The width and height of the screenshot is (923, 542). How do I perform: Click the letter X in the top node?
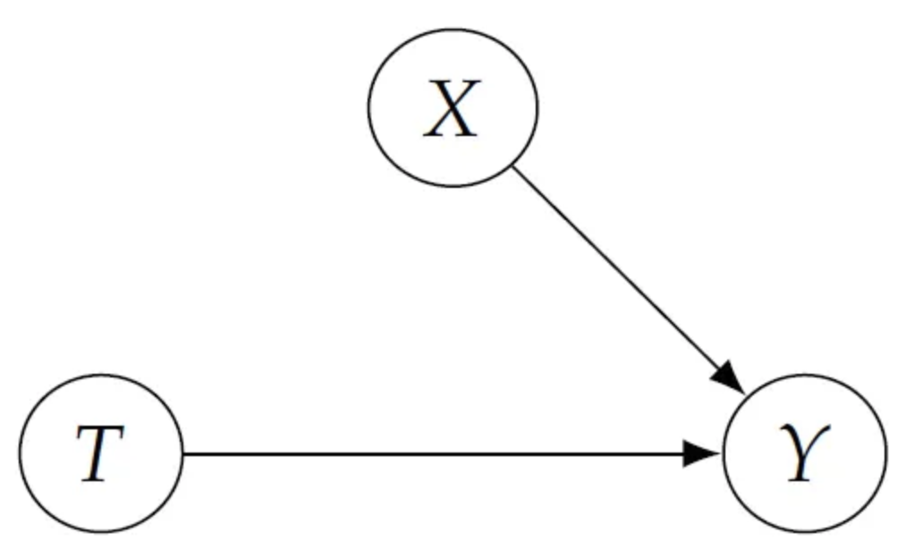[453, 109]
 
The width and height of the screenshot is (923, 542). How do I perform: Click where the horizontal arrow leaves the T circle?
[182, 454]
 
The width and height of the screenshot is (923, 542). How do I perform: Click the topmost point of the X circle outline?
[453, 29]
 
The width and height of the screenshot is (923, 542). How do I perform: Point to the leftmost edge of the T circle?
[20, 454]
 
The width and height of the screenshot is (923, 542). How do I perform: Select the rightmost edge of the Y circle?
[886, 454]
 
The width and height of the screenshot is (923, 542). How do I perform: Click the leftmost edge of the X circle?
[368, 107]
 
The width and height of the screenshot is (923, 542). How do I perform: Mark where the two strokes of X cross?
[453, 109]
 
